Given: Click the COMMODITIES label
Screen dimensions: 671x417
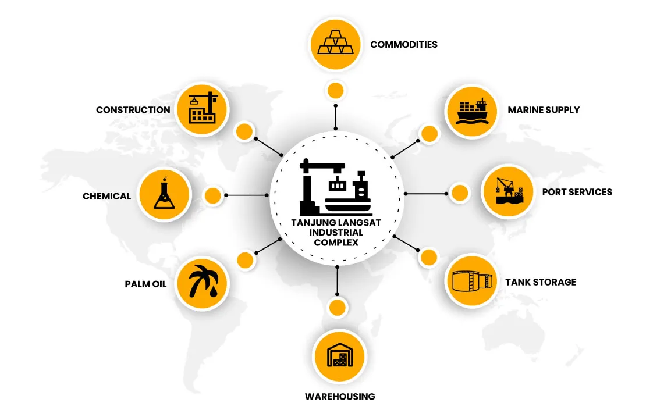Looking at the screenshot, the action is click(403, 44).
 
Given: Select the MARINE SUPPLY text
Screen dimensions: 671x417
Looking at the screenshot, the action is click(544, 110).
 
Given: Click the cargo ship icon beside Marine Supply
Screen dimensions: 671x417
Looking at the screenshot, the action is click(472, 111).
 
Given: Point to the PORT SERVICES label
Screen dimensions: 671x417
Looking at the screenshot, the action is click(577, 192).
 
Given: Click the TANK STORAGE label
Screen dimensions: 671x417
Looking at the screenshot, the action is click(541, 282).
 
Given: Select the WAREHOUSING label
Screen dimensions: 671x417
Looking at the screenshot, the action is click(340, 397).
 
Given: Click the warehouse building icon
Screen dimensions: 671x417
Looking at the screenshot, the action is click(340, 355).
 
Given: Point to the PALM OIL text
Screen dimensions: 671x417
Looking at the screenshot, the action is click(145, 284).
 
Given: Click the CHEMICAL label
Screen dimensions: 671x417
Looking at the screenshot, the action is click(106, 197).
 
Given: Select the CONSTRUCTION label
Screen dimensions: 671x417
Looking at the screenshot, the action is click(133, 110).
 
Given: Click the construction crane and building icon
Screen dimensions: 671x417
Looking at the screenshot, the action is click(203, 108).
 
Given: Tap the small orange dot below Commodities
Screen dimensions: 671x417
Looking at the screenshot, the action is click(335, 91).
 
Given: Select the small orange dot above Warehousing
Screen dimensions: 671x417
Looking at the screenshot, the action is click(337, 308).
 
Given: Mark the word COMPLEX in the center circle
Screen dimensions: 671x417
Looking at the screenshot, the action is click(336, 243).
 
